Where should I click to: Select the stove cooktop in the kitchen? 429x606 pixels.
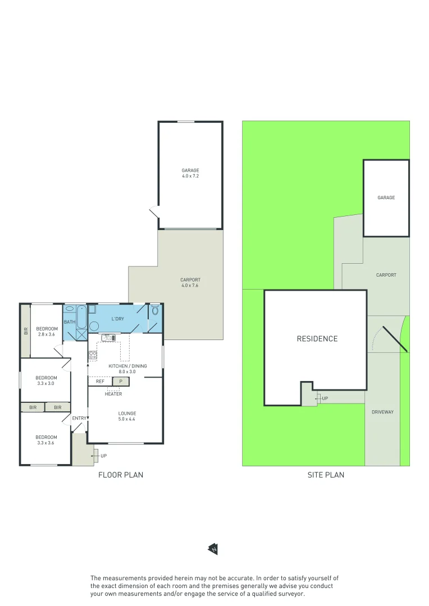tap(92, 355)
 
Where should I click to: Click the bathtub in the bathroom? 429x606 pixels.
tap(81, 318)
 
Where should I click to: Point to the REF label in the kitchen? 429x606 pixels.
tap(100, 382)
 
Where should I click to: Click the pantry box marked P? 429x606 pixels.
tap(120, 382)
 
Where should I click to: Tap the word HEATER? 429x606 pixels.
tap(113, 394)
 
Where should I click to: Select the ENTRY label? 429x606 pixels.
tap(79, 418)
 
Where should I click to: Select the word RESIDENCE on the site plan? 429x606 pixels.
tap(317, 339)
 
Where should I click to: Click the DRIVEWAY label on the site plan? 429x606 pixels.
tap(382, 412)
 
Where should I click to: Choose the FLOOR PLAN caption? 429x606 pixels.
tap(121, 475)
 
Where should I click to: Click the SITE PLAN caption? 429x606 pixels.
tap(326, 475)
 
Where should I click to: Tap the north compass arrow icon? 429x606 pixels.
tap(213, 549)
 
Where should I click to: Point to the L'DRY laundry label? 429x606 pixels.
tap(118, 319)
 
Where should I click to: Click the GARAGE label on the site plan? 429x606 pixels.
tap(386, 198)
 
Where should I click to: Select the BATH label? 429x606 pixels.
tap(69, 322)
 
